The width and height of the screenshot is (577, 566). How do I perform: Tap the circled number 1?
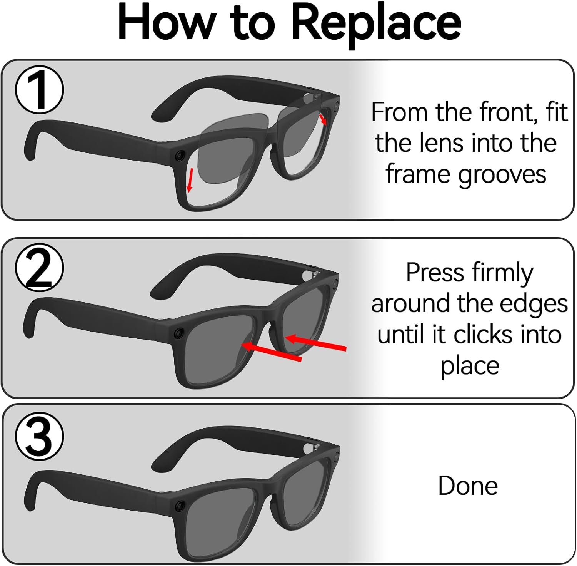pyautogui.click(x=39, y=90)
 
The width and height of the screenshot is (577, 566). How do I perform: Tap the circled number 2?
pyautogui.click(x=39, y=268)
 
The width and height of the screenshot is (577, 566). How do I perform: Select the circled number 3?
pyautogui.click(x=39, y=437)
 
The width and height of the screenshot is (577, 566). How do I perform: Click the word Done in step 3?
pyautogui.click(x=467, y=486)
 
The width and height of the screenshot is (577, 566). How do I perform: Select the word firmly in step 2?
pyautogui.click(x=502, y=273)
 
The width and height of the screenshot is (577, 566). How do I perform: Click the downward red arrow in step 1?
pyautogui.click(x=189, y=180)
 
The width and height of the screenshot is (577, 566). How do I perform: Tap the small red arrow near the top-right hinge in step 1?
pyautogui.click(x=323, y=119)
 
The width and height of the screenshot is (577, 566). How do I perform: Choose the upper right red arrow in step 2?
pyautogui.click(x=316, y=343)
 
